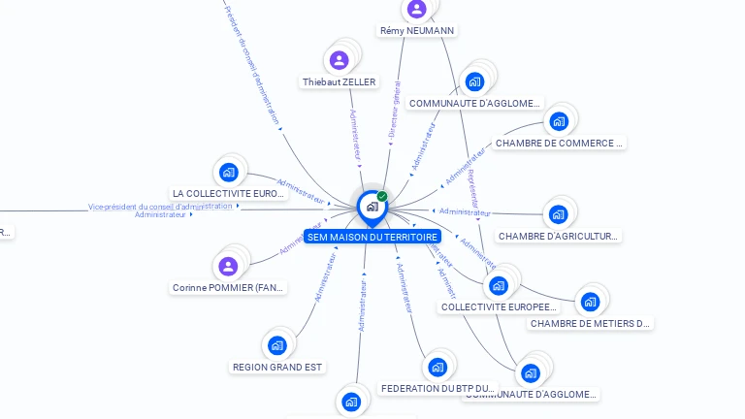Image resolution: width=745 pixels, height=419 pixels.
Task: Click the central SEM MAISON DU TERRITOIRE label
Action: click(x=372, y=237)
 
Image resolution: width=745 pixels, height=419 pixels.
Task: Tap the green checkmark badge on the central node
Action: click(x=382, y=196)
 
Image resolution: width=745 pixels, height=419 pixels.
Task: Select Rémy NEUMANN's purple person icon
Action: click(x=417, y=10)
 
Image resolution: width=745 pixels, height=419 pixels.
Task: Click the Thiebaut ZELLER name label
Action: click(x=339, y=82)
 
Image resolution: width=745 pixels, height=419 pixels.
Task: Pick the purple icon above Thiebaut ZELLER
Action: click(x=339, y=61)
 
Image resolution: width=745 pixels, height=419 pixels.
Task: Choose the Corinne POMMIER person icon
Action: click(x=228, y=266)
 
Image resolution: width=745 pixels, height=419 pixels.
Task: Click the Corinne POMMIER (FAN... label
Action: click(x=229, y=288)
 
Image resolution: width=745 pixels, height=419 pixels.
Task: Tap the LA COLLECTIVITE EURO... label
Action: click(x=229, y=194)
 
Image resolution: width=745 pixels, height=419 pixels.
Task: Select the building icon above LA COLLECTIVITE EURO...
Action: click(x=229, y=173)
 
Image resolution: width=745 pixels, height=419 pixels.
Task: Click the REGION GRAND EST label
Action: click(x=277, y=368)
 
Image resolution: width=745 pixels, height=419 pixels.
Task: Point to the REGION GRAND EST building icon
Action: click(x=277, y=345)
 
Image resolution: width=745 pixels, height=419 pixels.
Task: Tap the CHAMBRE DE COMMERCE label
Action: click(x=558, y=144)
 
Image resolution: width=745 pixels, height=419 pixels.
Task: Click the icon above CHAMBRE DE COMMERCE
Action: click(x=558, y=121)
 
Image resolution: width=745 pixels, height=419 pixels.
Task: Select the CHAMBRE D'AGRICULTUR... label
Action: click(x=558, y=236)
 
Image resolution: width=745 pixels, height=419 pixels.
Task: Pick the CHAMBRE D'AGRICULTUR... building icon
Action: click(x=558, y=214)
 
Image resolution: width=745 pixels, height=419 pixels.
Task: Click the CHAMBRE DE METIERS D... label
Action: click(x=590, y=324)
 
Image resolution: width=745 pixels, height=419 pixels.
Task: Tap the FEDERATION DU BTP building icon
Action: click(x=437, y=367)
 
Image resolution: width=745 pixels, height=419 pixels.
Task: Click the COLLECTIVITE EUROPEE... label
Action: click(x=499, y=307)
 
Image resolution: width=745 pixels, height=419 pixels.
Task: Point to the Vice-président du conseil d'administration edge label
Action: click(x=160, y=206)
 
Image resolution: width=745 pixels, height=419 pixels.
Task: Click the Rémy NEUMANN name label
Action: click(x=417, y=31)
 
